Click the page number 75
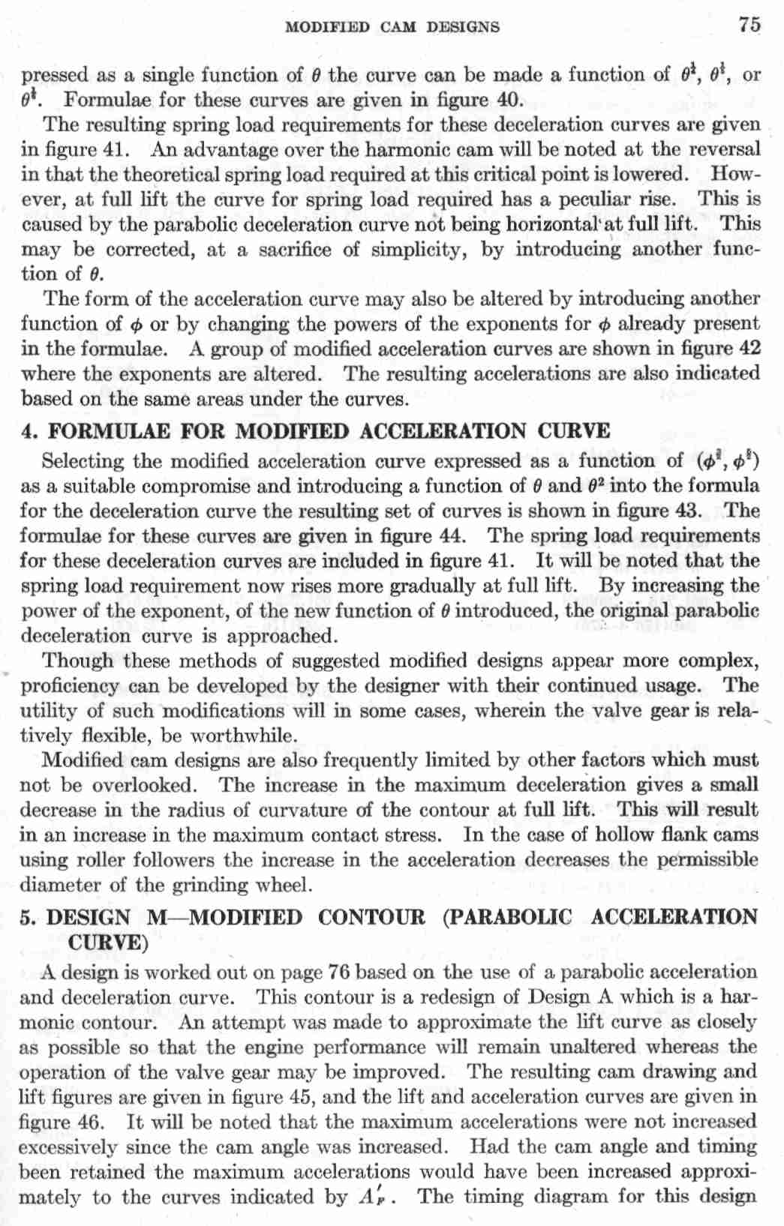coord(748,25)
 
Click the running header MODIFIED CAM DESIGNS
coord(392,28)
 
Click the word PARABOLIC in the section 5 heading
coord(506,917)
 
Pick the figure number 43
coord(684,511)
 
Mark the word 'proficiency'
coord(70,686)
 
